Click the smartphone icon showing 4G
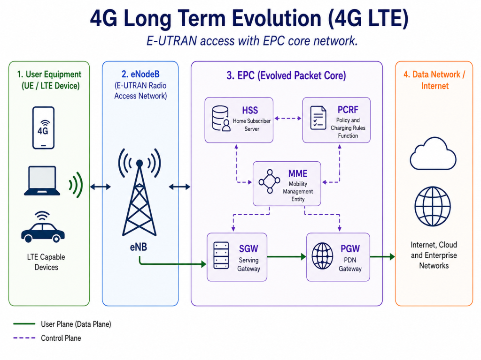(43, 127)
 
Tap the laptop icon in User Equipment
(42, 180)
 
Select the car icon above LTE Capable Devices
(43, 227)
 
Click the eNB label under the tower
(139, 247)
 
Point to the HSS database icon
(221, 119)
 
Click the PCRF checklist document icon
(318, 118)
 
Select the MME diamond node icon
(269, 181)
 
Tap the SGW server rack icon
(221, 255)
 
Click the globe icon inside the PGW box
(322, 256)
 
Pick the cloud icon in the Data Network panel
(433, 154)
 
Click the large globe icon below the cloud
(433, 206)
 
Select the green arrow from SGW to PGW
(287, 256)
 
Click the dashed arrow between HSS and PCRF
(288, 118)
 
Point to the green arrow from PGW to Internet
(382, 256)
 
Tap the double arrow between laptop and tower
(101, 187)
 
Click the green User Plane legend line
(24, 323)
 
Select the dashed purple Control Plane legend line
(24, 338)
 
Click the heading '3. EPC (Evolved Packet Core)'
(286, 75)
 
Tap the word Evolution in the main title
(277, 18)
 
